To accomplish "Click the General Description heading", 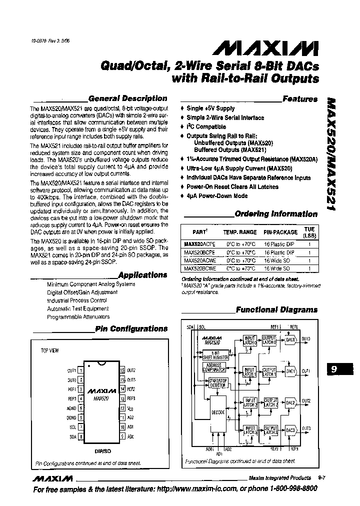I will (127, 98).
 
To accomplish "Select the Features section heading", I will (299, 99).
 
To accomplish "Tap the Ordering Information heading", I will (276, 214).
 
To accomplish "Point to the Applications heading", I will (143, 275).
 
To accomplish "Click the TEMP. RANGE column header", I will (239, 232).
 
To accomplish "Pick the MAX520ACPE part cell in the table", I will (198, 245).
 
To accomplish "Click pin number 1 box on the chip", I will (81, 370).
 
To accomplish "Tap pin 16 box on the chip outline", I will (122, 370).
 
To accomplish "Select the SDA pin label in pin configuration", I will (72, 436).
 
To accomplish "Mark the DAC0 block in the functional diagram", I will (290, 339).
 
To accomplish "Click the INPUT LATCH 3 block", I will (249, 431).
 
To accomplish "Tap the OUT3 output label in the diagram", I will (306, 428).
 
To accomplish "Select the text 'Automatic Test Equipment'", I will (78, 309).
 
